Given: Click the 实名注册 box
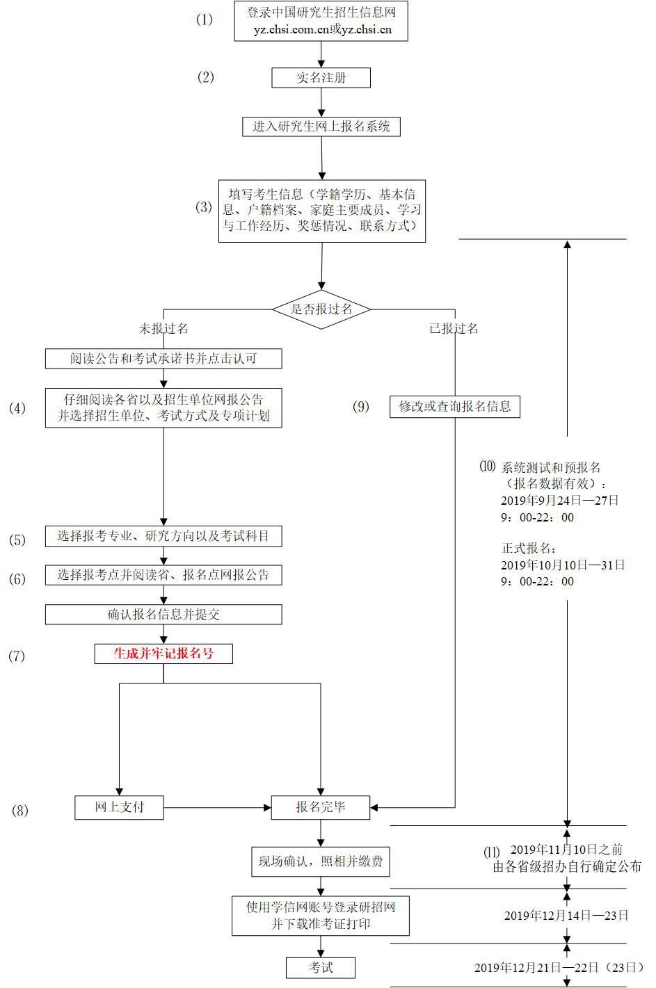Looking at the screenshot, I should pos(321,78).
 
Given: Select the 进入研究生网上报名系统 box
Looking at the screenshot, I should pos(321,127).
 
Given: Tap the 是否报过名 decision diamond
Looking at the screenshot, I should pos(321,309).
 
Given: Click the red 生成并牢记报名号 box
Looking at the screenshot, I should pos(163,654).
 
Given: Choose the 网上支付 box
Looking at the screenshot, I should pos(120,807).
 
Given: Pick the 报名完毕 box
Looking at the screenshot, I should pos(321,807).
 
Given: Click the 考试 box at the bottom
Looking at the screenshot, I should pos(321,967).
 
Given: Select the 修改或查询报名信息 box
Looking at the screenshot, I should pos(455,407).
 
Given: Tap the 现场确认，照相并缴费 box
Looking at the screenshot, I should pos(321,862).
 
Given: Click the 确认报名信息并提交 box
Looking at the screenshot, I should pos(163,615).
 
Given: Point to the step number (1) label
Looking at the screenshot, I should pos(205,19).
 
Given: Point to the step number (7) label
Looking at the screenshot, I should pos(17,656).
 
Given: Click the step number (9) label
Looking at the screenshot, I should pos(361,407).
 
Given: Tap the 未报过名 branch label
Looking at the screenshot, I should pos(163,328).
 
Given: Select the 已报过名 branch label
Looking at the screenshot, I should pos(454,328).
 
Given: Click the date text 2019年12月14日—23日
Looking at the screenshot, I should pos(566,916).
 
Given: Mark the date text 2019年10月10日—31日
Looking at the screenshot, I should pos(563,565).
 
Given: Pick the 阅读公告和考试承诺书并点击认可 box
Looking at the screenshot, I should pos(163,359).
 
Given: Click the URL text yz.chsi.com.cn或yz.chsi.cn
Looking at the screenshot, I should pos(322,30).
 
